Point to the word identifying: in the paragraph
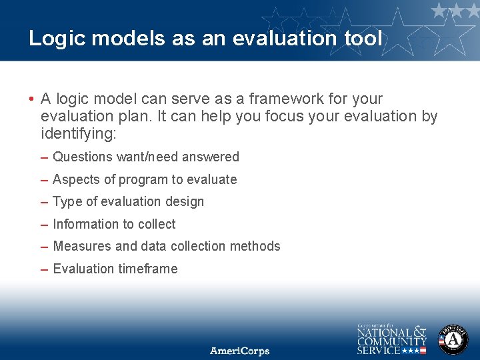click(x=78, y=133)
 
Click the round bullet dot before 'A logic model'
click(x=31, y=99)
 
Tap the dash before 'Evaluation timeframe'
click(x=44, y=269)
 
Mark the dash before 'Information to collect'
click(x=44, y=225)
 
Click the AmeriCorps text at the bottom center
click(x=239, y=350)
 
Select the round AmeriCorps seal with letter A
click(x=453, y=339)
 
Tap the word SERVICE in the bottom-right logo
click(x=379, y=349)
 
